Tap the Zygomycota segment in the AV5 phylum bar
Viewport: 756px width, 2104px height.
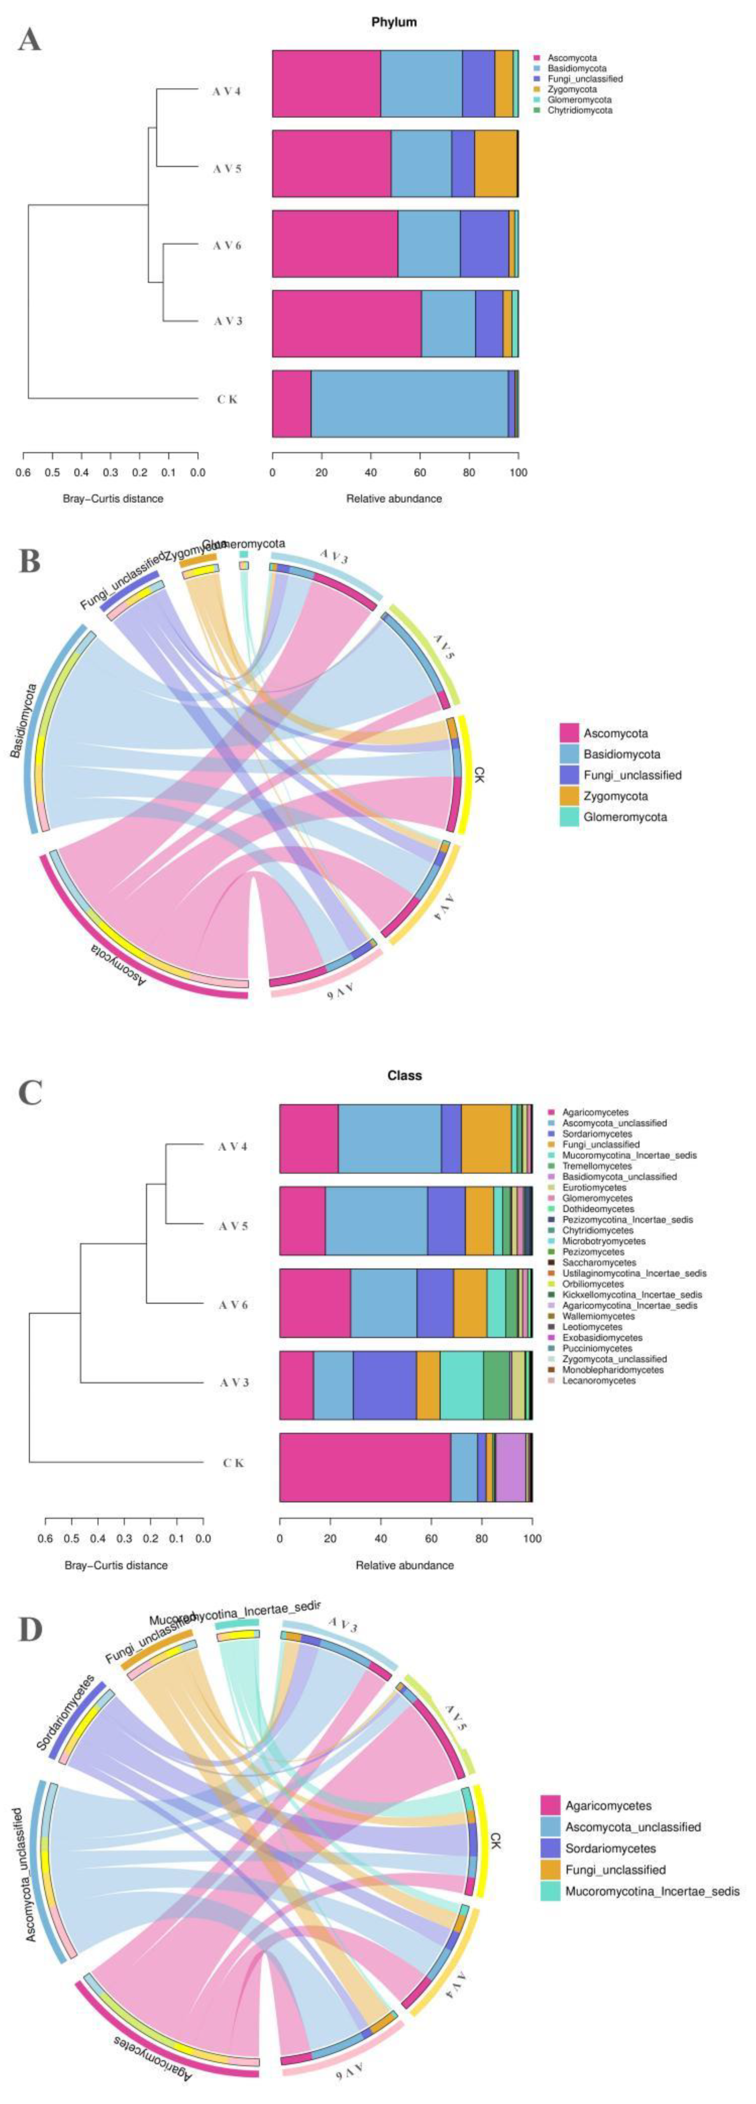495,163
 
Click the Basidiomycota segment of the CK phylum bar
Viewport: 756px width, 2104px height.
409,403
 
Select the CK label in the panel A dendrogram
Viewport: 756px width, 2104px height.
226,399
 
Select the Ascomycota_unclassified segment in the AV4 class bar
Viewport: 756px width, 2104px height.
389,1139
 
